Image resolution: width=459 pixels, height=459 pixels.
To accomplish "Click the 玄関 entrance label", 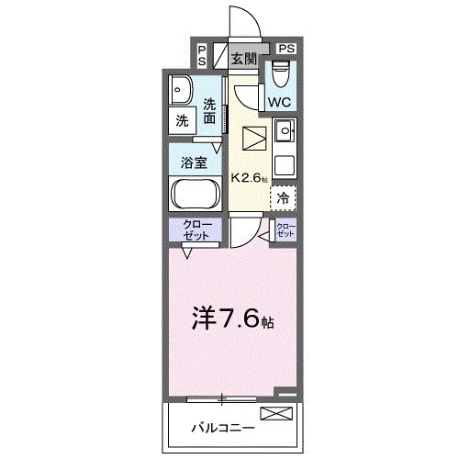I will coord(244,60).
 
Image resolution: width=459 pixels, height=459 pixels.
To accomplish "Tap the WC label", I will coord(279,102).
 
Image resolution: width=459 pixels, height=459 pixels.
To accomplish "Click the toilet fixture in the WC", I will coord(280,73).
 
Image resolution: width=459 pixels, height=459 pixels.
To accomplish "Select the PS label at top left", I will coord(202,55).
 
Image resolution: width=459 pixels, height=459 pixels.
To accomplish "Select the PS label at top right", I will coord(286,47).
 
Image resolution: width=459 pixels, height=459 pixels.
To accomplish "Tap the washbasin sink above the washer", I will coord(180,90).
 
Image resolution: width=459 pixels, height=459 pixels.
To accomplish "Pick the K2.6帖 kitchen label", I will coord(250,178).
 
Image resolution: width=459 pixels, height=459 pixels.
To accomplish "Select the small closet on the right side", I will coord(285,230).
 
